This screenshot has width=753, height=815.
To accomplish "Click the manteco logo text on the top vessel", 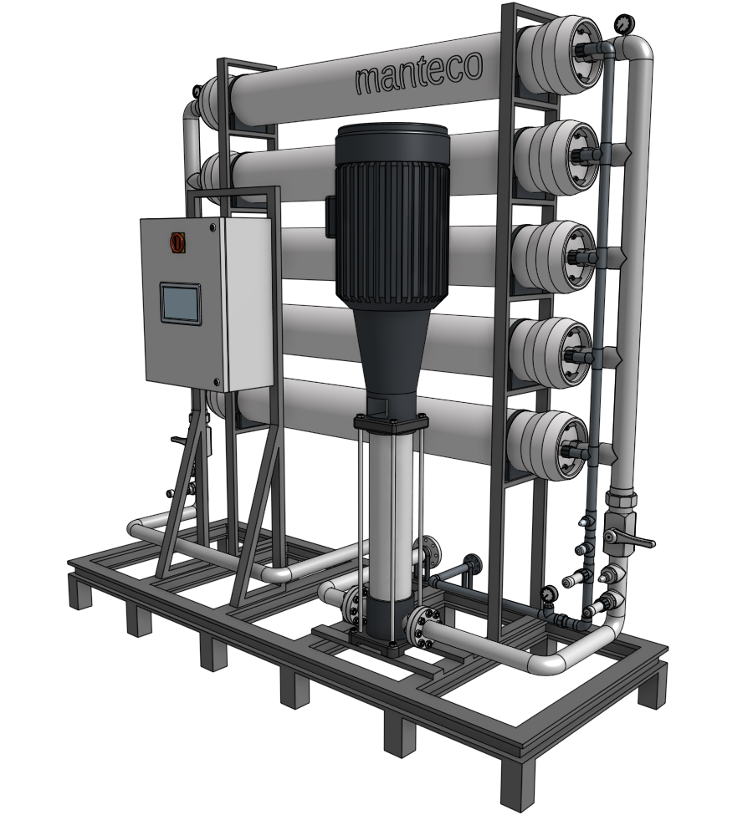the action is pyautogui.click(x=419, y=74).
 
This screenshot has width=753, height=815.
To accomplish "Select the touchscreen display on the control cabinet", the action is pyautogui.click(x=180, y=303).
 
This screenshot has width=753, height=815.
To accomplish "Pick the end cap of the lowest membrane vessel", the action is pyautogui.click(x=549, y=445).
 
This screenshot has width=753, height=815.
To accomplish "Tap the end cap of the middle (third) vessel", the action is pyautogui.click(x=554, y=255).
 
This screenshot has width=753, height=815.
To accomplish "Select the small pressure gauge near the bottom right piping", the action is pyautogui.click(x=547, y=594).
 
